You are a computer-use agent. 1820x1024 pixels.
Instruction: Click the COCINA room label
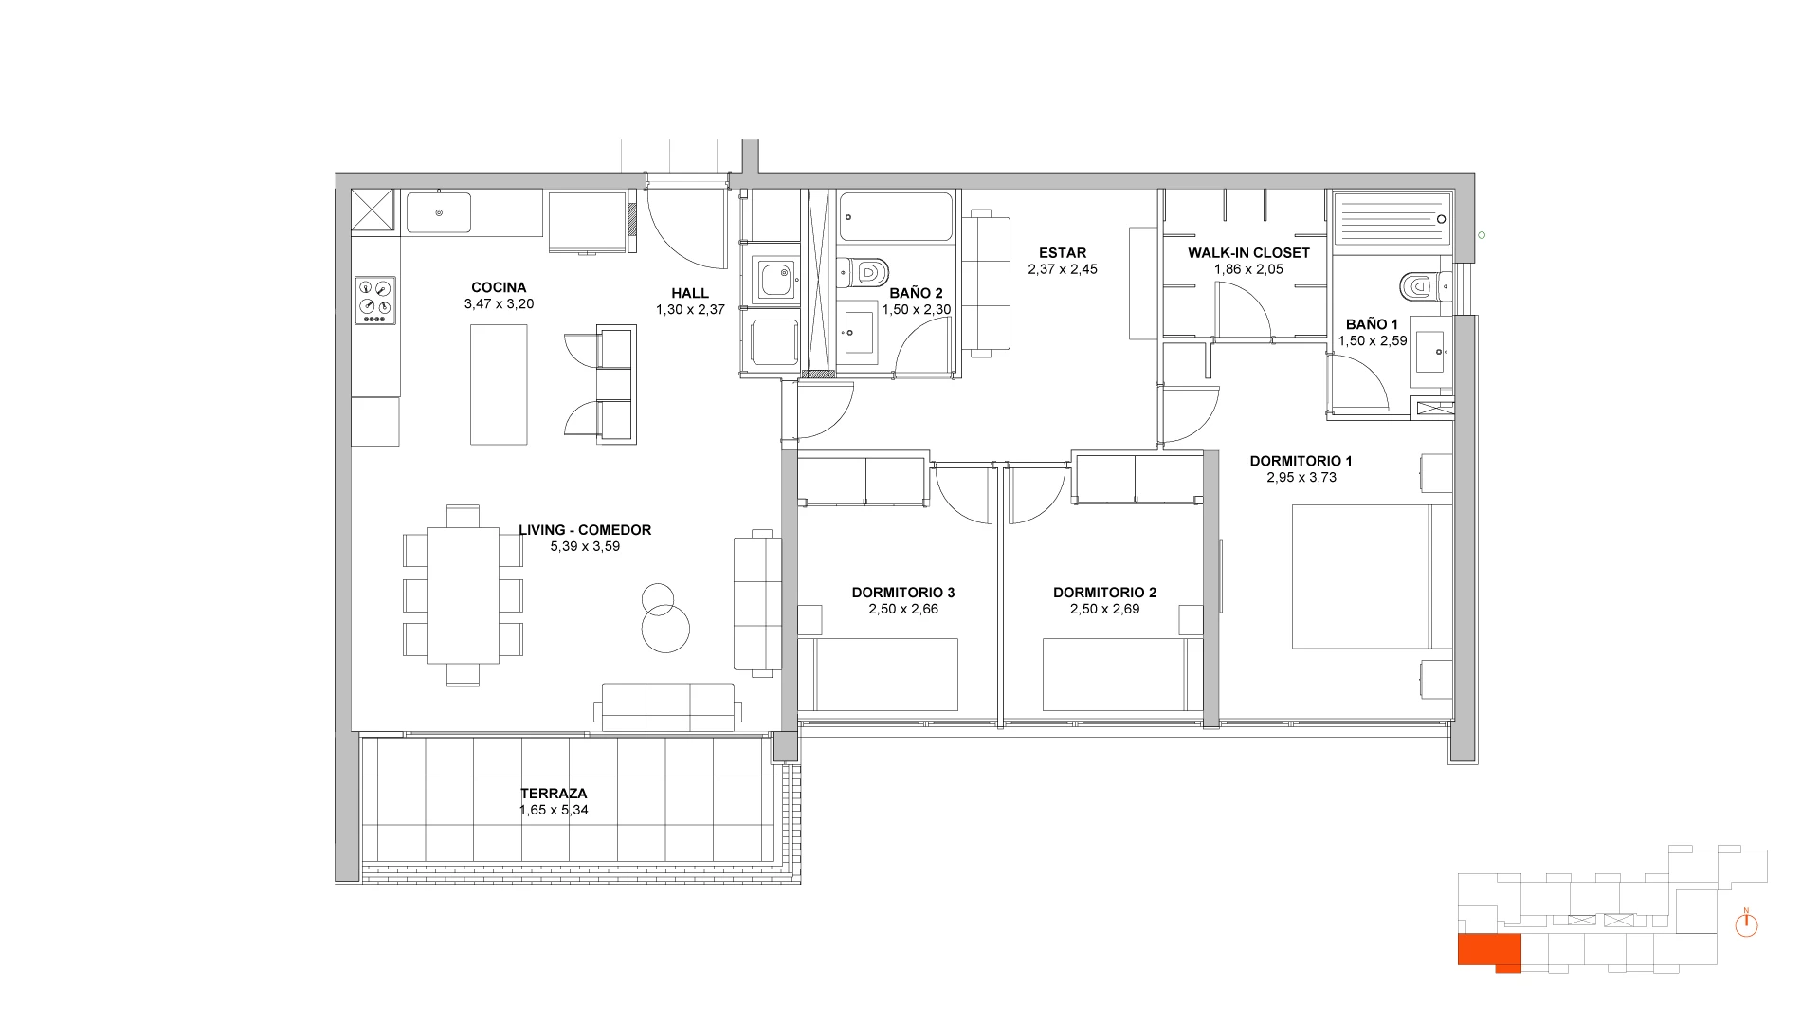click(x=499, y=287)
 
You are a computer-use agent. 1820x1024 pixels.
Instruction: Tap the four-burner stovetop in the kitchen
click(x=374, y=301)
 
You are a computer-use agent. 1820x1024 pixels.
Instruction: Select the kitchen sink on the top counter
click(x=439, y=212)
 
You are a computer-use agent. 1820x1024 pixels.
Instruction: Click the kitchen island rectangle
click(x=499, y=384)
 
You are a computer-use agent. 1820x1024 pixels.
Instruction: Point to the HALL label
click(x=690, y=293)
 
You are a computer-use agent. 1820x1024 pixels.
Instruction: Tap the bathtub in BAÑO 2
click(x=897, y=217)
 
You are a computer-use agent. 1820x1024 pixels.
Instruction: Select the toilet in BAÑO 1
click(x=1425, y=283)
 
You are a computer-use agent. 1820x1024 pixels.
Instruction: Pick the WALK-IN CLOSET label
click(x=1248, y=253)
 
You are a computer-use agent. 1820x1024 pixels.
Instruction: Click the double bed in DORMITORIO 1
click(x=1372, y=576)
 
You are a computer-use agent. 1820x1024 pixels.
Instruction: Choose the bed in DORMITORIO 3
click(x=886, y=674)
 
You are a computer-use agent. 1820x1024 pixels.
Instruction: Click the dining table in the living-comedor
click(x=464, y=595)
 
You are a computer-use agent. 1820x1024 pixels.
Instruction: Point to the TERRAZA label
click(x=554, y=794)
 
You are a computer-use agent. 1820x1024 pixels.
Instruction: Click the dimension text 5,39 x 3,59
click(x=585, y=546)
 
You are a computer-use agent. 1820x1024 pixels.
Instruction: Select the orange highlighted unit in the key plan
click(x=1489, y=952)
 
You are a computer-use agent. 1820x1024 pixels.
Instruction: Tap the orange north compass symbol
click(x=1746, y=923)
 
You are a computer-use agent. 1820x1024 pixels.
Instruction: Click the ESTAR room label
click(x=1063, y=253)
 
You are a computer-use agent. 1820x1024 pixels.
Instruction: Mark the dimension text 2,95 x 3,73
click(x=1301, y=477)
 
